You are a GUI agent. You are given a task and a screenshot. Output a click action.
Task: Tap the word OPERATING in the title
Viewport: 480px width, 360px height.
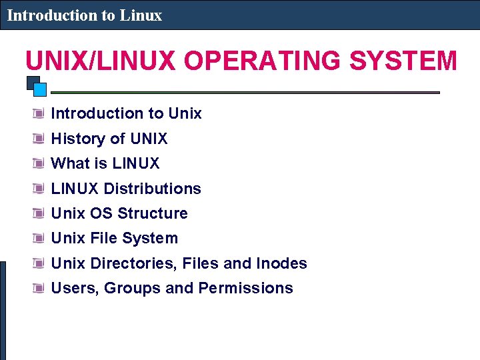pyautogui.click(x=263, y=61)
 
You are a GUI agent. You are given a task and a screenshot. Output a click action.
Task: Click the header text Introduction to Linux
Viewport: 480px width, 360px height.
pyautogui.click(x=85, y=15)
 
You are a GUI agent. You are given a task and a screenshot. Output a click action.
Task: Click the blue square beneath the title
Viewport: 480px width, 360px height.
pyautogui.click(x=39, y=89)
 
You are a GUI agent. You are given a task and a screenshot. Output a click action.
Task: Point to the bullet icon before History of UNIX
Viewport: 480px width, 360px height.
pyautogui.click(x=40, y=139)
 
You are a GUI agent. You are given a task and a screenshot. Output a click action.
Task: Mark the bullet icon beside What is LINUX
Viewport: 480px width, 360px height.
pyautogui.click(x=40, y=163)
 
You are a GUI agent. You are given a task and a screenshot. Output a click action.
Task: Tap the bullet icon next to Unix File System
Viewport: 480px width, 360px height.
pyautogui.click(x=40, y=238)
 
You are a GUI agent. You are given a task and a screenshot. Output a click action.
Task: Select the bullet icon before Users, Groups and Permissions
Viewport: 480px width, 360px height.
pyautogui.click(x=40, y=288)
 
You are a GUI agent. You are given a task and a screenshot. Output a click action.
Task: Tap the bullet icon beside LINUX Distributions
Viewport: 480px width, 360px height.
pyautogui.click(x=40, y=189)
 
